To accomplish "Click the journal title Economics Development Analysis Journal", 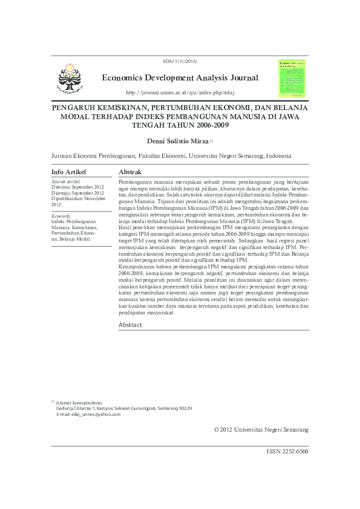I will tap(180, 78).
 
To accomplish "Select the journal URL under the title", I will tap(180, 92).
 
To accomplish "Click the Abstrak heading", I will tap(130, 172).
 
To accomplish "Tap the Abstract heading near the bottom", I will tap(130, 325).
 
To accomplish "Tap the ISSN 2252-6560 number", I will tap(287, 452).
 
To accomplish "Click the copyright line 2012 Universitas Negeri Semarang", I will tap(261, 429).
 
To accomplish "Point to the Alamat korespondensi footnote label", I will tap(79, 403).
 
